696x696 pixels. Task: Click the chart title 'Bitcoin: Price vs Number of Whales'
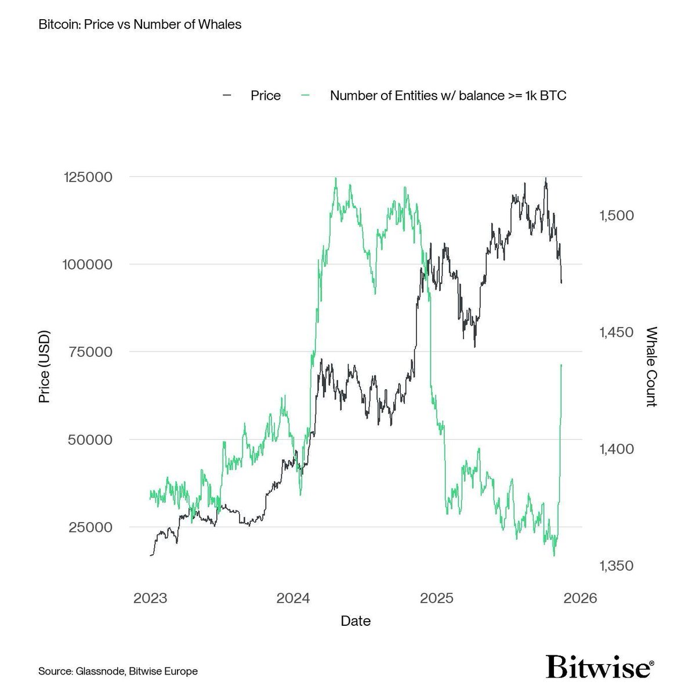tap(139, 25)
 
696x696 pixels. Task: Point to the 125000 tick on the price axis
tap(87, 177)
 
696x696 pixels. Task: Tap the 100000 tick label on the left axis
tap(87, 264)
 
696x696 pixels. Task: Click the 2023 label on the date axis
tap(150, 598)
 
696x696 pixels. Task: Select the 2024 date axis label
tap(293, 598)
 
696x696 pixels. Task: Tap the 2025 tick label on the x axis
tap(437, 598)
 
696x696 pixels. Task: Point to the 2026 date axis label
tap(580, 598)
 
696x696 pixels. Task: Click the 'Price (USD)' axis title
tap(44, 367)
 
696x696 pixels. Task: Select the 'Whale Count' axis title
tap(651, 367)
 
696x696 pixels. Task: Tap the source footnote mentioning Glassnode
tap(118, 671)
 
